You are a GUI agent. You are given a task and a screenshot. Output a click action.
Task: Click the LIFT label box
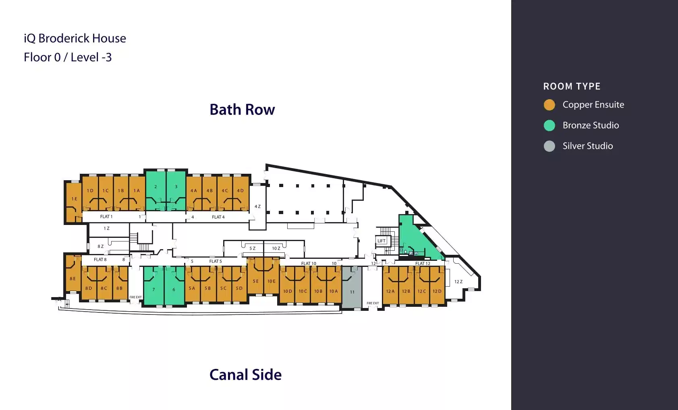382,241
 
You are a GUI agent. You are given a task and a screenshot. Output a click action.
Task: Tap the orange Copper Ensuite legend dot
549,105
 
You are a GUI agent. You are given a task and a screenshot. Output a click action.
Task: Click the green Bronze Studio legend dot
549,125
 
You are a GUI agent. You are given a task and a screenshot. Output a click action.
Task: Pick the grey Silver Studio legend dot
549,146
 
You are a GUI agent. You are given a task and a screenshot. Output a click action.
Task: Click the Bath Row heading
242,110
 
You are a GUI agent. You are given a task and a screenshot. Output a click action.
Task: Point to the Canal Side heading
245,375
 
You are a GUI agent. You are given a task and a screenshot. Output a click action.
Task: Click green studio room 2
156,189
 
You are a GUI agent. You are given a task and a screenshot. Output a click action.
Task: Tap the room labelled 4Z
257,207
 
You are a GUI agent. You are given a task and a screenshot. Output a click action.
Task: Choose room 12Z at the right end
458,282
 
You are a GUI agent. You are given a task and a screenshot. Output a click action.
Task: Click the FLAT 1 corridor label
106,217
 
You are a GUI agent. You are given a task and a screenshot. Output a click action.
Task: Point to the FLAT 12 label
423,264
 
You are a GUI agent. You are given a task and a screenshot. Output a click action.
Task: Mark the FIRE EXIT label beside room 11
373,303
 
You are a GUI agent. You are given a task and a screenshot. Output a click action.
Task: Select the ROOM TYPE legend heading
572,86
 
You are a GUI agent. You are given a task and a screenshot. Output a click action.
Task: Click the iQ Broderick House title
75,38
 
